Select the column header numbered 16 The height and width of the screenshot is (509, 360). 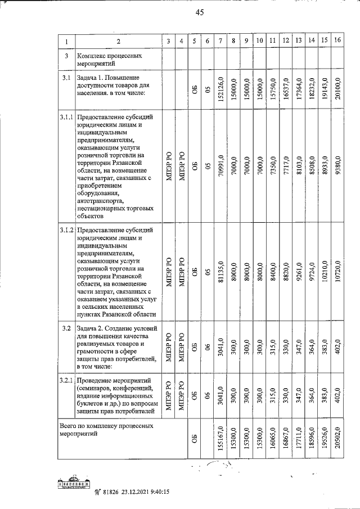(x=337, y=40)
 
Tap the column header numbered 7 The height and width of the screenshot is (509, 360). (x=220, y=40)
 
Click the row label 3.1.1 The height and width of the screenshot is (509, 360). (x=66, y=116)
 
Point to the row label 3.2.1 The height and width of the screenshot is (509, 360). (x=66, y=381)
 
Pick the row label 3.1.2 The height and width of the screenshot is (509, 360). (x=66, y=231)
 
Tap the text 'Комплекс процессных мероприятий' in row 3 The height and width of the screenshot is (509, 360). (x=108, y=60)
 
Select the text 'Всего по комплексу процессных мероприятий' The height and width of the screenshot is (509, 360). (x=106, y=430)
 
